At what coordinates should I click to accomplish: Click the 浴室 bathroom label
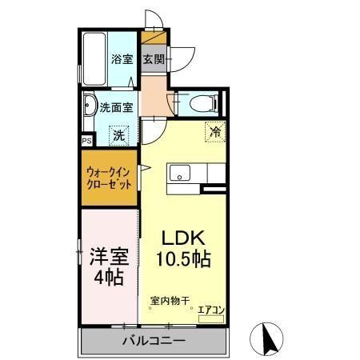point(122,58)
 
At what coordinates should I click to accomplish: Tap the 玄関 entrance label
point(154,58)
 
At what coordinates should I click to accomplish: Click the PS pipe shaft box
point(86,139)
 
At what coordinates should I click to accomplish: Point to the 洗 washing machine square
point(118,135)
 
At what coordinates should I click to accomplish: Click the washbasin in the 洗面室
point(90,108)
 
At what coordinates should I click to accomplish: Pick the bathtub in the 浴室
point(91,57)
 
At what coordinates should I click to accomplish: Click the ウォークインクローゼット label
point(110,178)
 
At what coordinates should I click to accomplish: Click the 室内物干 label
point(170,302)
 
